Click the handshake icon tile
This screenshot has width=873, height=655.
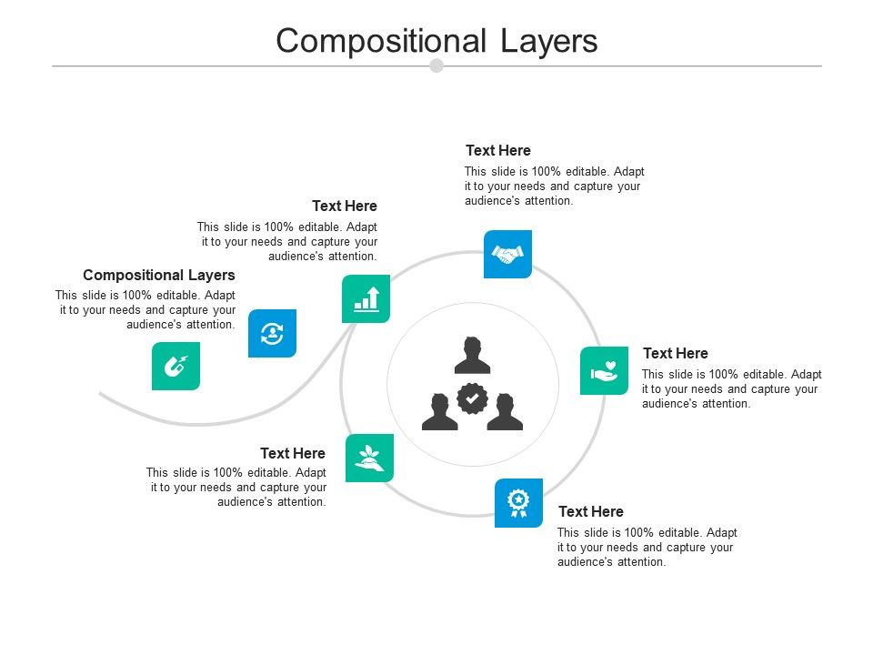tap(507, 254)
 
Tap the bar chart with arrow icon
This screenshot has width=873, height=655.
tap(366, 298)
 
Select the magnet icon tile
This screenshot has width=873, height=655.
tap(176, 366)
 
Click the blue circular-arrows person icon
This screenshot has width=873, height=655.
tap(272, 333)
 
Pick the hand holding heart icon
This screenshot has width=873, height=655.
tap(604, 370)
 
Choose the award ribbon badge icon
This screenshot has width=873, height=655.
tap(518, 502)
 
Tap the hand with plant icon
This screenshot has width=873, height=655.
tap(370, 458)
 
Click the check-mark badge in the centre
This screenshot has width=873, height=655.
tap(472, 398)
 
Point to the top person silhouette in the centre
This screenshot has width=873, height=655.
tap(472, 356)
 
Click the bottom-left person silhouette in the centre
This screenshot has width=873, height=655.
tap(440, 412)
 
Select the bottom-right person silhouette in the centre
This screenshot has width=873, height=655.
tap(505, 412)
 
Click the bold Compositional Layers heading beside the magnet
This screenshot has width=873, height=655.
tap(159, 275)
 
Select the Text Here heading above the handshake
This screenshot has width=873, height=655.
tap(498, 150)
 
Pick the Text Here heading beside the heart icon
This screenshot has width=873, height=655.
tap(676, 353)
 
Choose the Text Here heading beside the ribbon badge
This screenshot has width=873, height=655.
tap(591, 511)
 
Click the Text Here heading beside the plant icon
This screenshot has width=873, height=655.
tap(293, 453)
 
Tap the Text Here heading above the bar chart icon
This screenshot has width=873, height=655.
tap(345, 206)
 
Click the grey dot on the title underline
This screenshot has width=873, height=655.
tap(436, 65)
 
